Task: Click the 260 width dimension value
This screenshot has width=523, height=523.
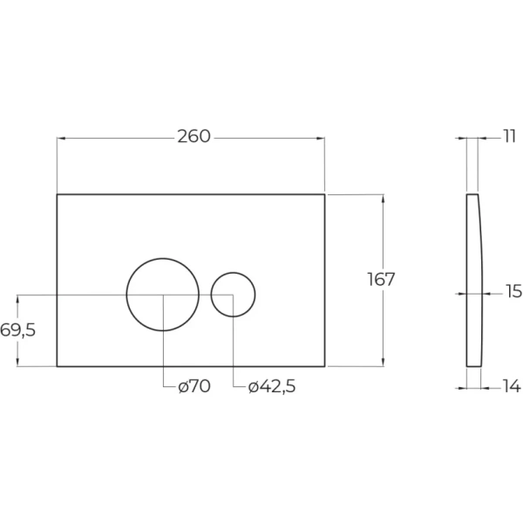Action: [x=194, y=137]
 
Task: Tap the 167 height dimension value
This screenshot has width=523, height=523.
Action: [x=381, y=279]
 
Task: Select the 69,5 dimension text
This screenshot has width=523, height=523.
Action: [x=17, y=330]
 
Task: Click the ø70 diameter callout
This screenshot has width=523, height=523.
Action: [x=194, y=386]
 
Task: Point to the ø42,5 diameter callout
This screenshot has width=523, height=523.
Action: [x=272, y=386]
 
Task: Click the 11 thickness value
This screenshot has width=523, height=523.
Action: [x=509, y=137]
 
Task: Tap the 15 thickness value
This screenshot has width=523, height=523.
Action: [x=513, y=291]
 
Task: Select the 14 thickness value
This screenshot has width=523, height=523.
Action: [x=512, y=386]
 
